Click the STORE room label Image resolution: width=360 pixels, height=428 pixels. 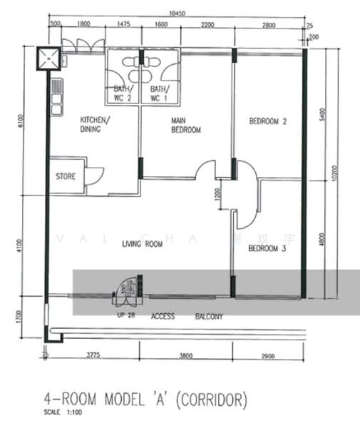(67, 176)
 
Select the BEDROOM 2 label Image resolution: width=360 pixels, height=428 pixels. (267, 122)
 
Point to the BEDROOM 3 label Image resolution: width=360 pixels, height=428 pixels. (267, 249)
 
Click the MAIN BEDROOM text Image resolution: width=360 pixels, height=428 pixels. (185, 126)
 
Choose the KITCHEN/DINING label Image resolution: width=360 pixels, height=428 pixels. (95, 125)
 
